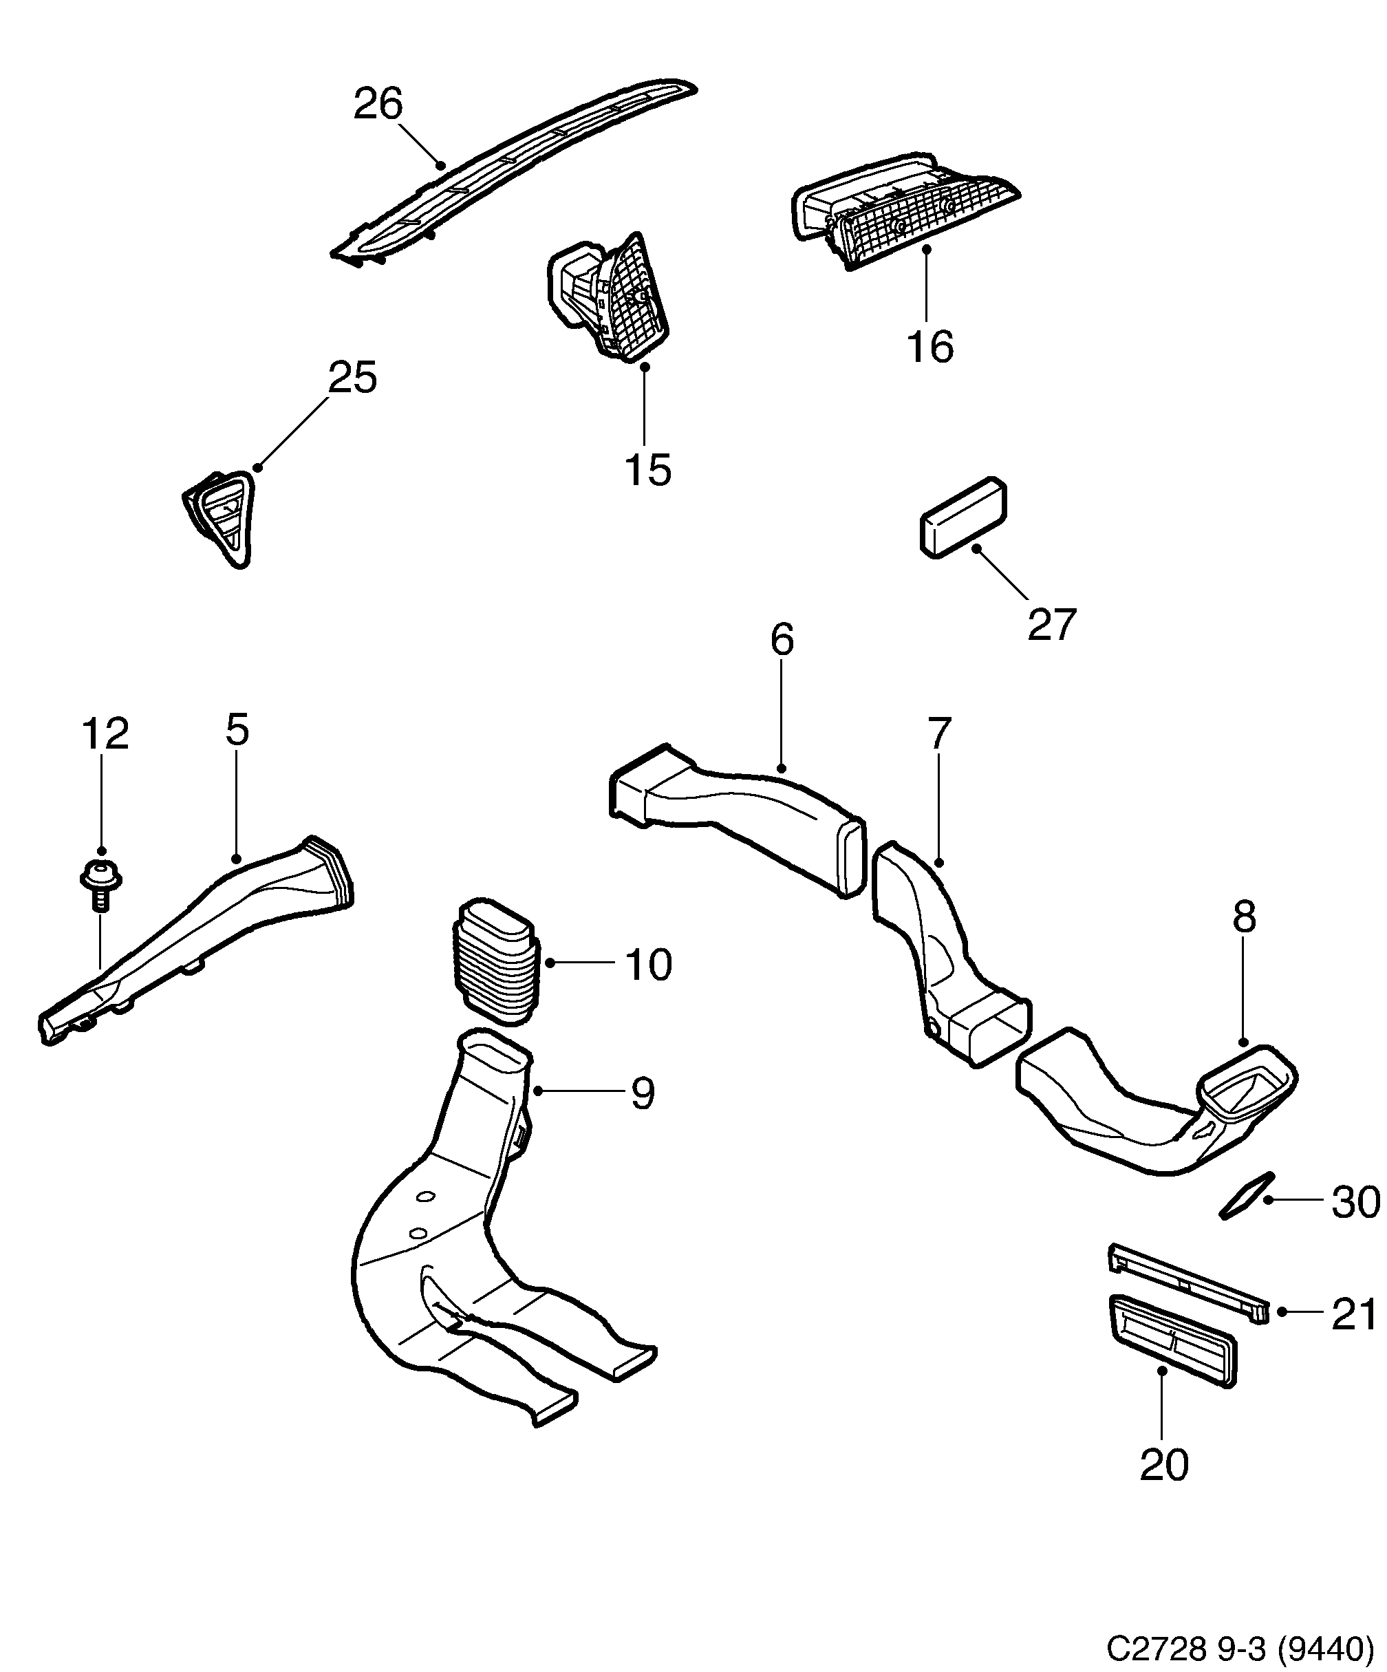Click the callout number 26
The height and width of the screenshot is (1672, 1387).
click(x=378, y=105)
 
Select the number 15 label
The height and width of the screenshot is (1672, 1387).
click(x=647, y=470)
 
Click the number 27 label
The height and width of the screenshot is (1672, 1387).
click(x=1052, y=624)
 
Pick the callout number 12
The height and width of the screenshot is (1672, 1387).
click(x=105, y=733)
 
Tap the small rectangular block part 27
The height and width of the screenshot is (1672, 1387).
click(x=963, y=518)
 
